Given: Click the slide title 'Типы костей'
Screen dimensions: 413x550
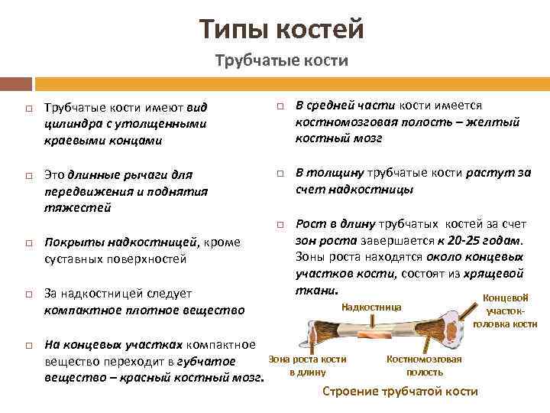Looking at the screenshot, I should pyautogui.click(x=281, y=30).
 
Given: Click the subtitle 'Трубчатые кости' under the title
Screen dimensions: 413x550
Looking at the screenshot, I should pyautogui.click(x=281, y=60).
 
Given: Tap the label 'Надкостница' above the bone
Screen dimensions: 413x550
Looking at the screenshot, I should pyautogui.click(x=370, y=307).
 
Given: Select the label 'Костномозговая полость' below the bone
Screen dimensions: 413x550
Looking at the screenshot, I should pyautogui.click(x=424, y=366).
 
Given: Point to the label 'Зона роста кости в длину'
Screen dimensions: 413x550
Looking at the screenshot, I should pyautogui.click(x=308, y=366).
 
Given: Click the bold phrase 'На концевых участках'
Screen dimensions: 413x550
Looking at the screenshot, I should pyautogui.click(x=114, y=344).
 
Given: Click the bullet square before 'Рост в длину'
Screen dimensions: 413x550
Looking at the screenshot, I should pyautogui.click(x=279, y=225).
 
